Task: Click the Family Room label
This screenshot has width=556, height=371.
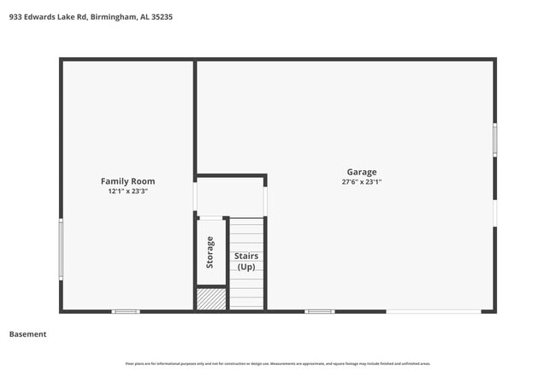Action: [127, 181]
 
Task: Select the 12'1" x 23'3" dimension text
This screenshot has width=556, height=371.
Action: [127, 191]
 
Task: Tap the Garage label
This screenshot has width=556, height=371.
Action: [361, 172]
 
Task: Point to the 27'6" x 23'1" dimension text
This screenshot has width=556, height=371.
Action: [361, 182]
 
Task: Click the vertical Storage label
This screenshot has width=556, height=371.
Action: [210, 253]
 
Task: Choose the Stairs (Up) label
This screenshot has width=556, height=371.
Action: [246, 261]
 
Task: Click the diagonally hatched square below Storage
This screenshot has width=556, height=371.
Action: [211, 298]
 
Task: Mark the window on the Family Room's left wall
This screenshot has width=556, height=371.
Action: [61, 249]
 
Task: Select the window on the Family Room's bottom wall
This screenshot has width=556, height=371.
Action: [126, 311]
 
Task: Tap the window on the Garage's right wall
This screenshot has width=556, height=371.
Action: [494, 139]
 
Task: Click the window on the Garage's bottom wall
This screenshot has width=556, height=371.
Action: [319, 311]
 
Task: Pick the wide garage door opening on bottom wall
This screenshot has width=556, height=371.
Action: [433, 311]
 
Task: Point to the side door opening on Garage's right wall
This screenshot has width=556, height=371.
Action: [494, 213]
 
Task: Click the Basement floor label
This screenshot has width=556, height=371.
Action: [27, 334]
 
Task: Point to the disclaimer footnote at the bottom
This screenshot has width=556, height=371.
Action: [278, 363]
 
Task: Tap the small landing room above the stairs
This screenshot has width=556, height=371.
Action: [230, 197]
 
